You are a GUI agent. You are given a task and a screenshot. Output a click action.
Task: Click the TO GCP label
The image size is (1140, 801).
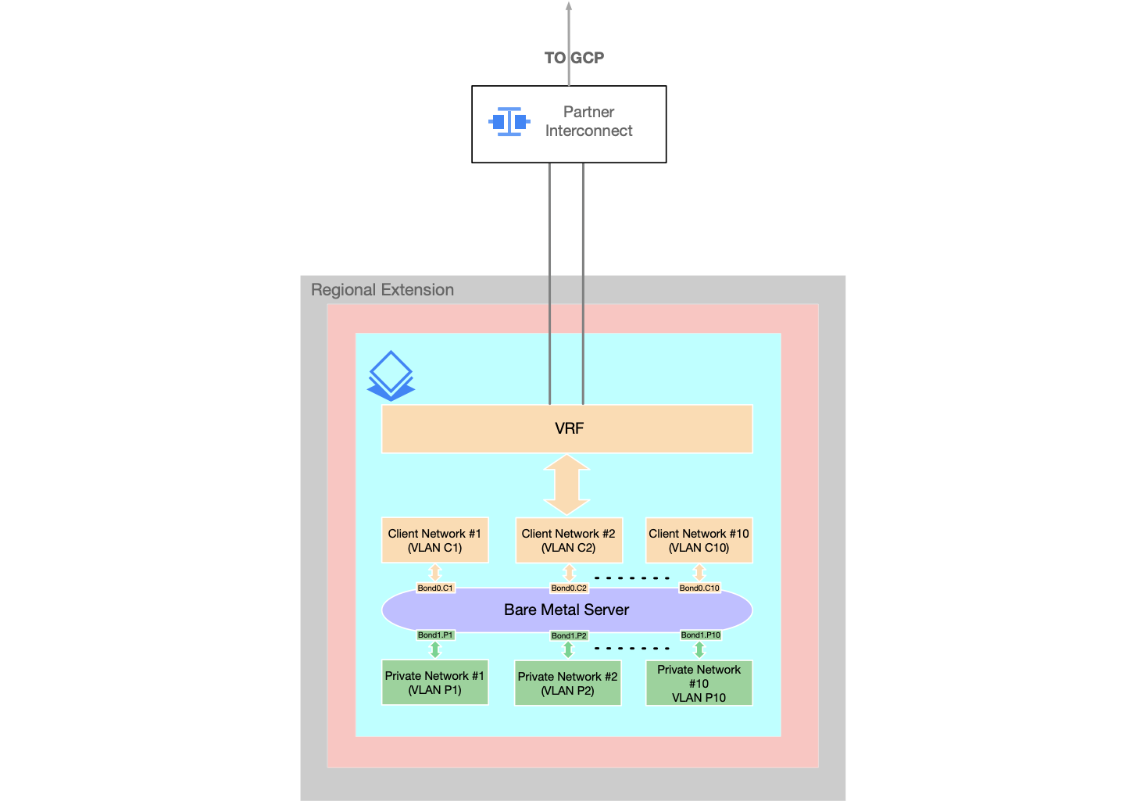coord(574,58)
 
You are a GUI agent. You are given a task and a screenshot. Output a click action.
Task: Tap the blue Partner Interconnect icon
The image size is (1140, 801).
coord(509,122)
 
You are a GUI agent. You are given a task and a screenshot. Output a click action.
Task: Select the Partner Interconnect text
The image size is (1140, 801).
coord(588,122)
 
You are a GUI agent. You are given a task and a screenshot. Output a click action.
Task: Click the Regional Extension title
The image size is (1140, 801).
coord(382,290)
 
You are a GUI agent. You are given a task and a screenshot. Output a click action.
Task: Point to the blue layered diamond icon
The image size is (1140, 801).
coord(390,376)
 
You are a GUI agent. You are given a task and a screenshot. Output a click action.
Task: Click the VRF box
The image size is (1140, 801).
coord(566,428)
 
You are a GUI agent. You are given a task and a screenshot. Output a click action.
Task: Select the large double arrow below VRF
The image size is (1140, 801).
coord(566,485)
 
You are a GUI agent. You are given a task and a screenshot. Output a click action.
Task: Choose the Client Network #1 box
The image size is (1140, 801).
coord(434,540)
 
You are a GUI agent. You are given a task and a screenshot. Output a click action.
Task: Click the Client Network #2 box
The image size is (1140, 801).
coord(568,540)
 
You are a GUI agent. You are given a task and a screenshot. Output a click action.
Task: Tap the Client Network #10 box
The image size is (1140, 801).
coord(699,540)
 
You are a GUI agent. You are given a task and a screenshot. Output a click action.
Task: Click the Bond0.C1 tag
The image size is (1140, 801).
coord(435,588)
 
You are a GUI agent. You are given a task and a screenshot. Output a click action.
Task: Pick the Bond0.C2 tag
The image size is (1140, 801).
coord(569,588)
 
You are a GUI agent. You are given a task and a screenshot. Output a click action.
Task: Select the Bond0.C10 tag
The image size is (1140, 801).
coord(699,588)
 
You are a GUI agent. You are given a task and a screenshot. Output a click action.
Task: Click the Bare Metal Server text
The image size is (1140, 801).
coord(566,610)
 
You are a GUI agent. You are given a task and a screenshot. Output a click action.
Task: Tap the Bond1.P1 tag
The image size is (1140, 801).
coord(435,635)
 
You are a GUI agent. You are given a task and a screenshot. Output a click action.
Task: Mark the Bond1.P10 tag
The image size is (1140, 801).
coord(700,635)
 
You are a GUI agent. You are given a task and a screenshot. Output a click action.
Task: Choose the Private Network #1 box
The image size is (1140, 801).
coord(434,682)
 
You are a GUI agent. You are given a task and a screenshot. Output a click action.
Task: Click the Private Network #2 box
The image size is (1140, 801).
coord(567,683)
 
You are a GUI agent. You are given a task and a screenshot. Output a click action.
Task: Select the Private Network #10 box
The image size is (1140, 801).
coord(699,683)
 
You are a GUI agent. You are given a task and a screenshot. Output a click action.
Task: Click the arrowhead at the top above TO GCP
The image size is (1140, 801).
coord(569,6)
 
